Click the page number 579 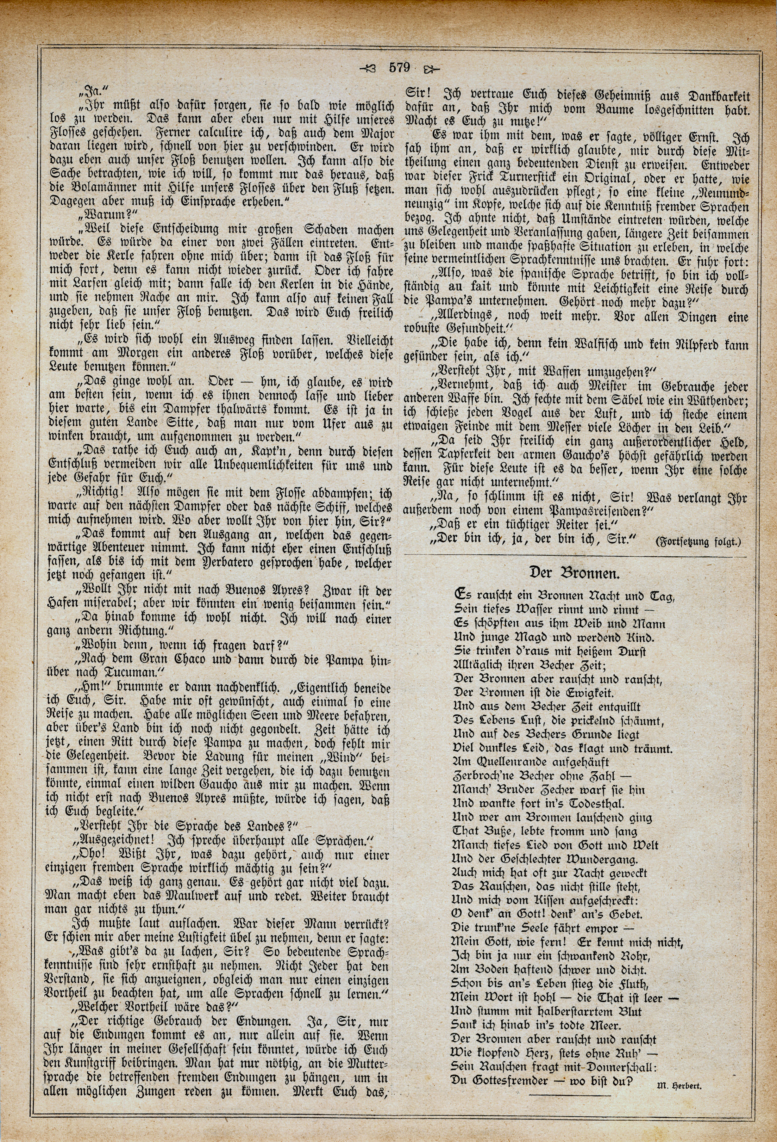399,68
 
